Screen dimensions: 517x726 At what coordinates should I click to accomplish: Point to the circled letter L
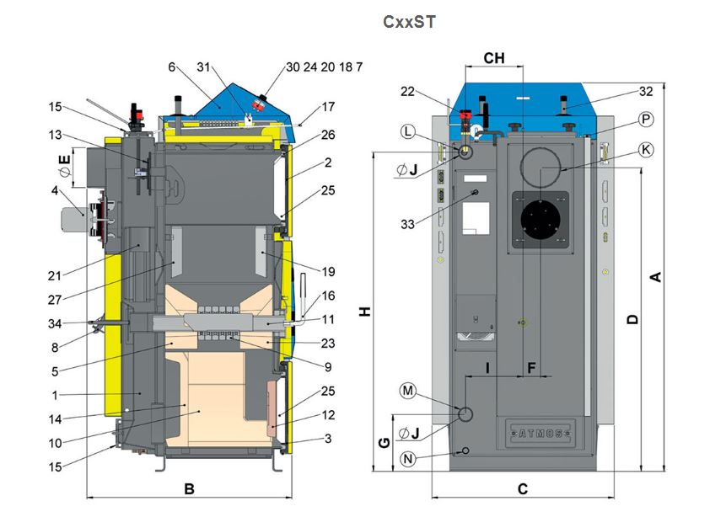[409, 131]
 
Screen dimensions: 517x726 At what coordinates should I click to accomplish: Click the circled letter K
[646, 149]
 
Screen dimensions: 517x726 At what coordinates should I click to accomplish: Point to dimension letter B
[190, 488]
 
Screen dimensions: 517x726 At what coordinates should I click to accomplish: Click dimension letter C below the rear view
[523, 488]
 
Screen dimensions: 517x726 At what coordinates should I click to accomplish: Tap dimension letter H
[364, 312]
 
